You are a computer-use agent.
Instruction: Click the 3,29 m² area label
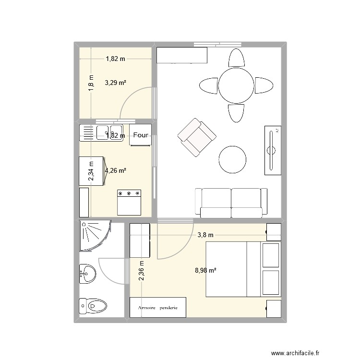click(x=116, y=83)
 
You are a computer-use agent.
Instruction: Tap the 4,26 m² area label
click(x=116, y=170)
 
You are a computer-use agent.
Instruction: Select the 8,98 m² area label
click(x=205, y=270)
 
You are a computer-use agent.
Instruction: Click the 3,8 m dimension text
click(x=205, y=235)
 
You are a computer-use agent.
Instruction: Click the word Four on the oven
click(x=141, y=135)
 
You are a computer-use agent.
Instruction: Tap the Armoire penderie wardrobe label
click(x=157, y=307)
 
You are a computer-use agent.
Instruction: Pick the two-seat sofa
click(x=231, y=202)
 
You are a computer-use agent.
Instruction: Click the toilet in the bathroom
click(x=94, y=305)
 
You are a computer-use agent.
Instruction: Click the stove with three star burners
click(x=129, y=202)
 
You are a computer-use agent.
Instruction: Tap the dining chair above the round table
click(x=236, y=58)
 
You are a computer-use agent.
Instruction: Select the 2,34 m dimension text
click(x=91, y=171)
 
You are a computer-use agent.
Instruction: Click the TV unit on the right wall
click(x=272, y=150)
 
